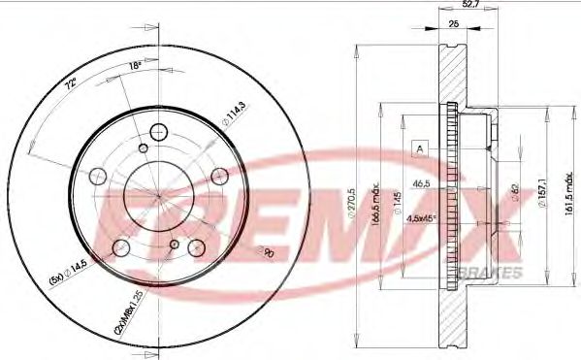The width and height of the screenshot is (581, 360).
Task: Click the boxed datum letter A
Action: [419, 148]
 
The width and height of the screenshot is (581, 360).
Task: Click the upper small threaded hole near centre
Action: [144, 147]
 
